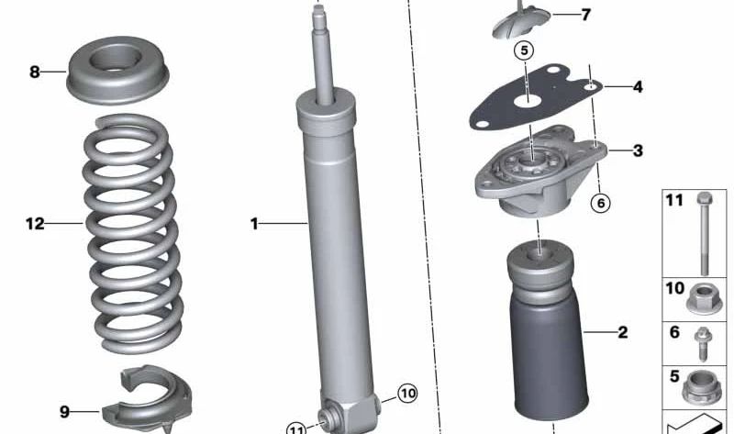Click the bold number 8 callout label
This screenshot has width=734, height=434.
(35, 72)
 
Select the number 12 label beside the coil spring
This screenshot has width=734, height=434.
(35, 223)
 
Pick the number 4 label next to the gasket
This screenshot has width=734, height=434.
(637, 87)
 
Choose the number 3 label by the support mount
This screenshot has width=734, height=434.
(637, 150)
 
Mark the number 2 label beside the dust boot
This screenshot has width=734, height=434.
(622, 332)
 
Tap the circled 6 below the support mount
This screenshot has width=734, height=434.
(600, 203)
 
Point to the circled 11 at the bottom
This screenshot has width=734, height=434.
(296, 428)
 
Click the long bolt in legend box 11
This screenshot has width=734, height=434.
(704, 234)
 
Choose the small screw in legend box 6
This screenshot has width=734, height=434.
(703, 341)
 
